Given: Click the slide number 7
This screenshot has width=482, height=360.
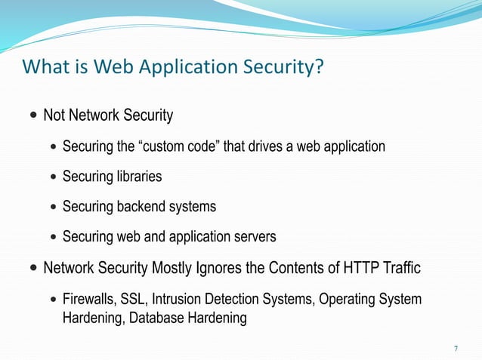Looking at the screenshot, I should pos(456,348).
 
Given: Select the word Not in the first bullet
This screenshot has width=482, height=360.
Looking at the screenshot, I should pos(54,115).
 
